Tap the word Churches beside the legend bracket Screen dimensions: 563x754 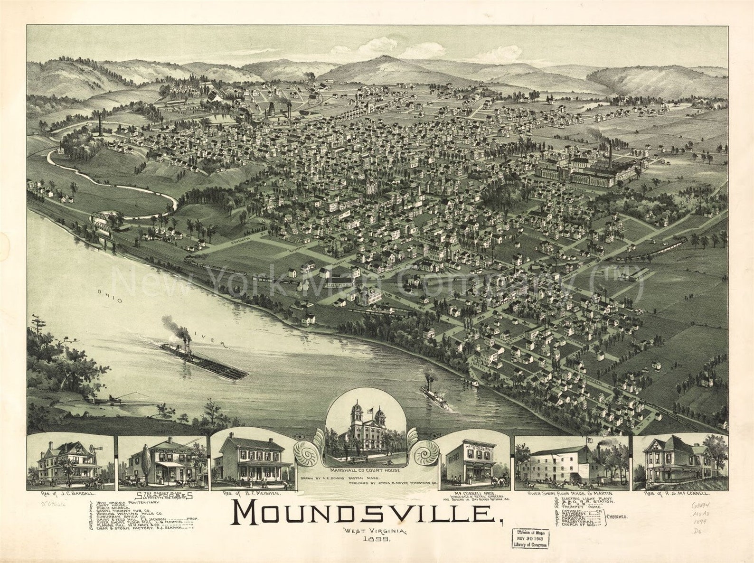pos(616,516)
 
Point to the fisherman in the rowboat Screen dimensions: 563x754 pos(110,397)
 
